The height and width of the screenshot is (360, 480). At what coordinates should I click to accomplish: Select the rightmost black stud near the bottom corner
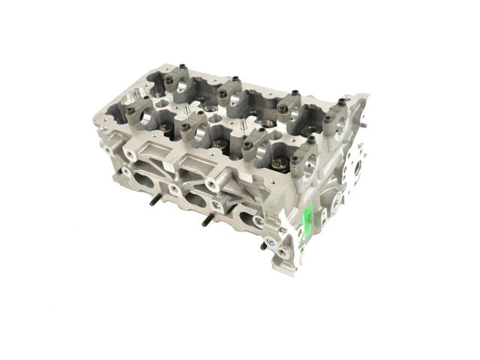263,245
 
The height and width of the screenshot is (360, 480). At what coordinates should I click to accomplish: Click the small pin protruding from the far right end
361,141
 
